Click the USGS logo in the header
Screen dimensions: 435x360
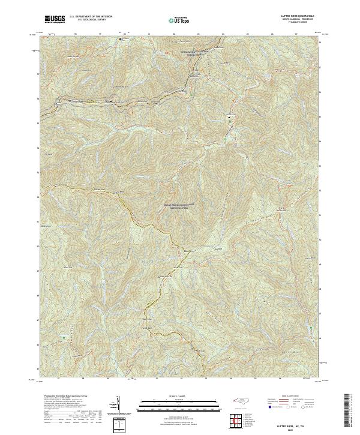[x=55, y=19]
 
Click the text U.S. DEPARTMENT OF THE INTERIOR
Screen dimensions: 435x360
[x=90, y=17]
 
